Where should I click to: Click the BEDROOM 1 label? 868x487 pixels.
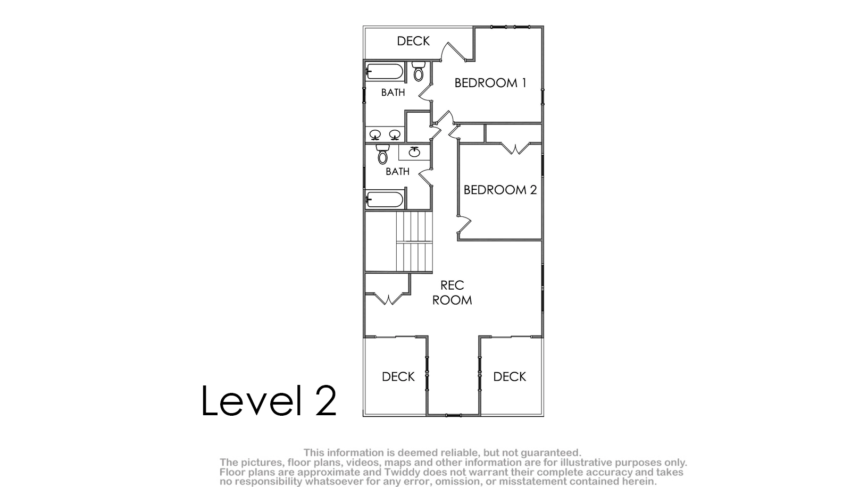coord(490,83)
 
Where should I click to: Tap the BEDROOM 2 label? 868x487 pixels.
coord(500,190)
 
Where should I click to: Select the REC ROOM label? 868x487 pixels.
coord(452,292)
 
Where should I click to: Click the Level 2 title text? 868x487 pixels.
coord(269,400)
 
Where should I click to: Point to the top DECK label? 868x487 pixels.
coord(413,41)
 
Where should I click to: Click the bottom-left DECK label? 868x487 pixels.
coord(398,376)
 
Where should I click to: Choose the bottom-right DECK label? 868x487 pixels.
coord(510,376)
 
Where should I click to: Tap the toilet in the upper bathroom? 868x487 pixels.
coord(419,71)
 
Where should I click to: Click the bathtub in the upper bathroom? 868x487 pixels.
coord(385,72)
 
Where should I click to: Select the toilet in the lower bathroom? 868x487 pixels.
coord(382,154)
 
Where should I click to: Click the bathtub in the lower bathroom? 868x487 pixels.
coord(385,199)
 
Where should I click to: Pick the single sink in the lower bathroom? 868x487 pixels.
coord(415,152)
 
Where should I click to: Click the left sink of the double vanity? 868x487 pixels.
coord(375,135)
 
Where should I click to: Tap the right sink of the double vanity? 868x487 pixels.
coord(395,135)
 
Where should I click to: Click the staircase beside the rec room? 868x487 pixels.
coord(414,242)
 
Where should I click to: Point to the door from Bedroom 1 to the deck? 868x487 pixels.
coord(454,52)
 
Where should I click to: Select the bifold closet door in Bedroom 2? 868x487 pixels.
coord(515,149)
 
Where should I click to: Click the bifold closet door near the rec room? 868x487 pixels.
coord(388,299)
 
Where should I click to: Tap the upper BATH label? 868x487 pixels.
coord(393,93)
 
